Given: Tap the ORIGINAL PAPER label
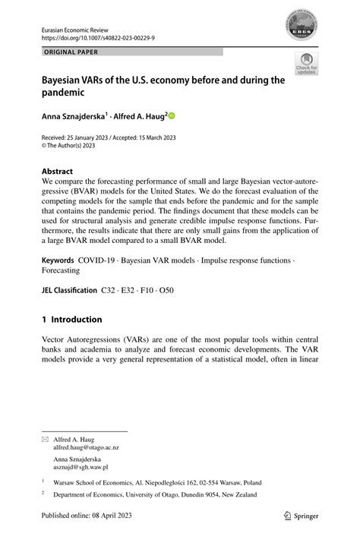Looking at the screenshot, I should (x=67, y=52).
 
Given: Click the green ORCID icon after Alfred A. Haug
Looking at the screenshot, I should (x=171, y=116).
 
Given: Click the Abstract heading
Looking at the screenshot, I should (x=58, y=171).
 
